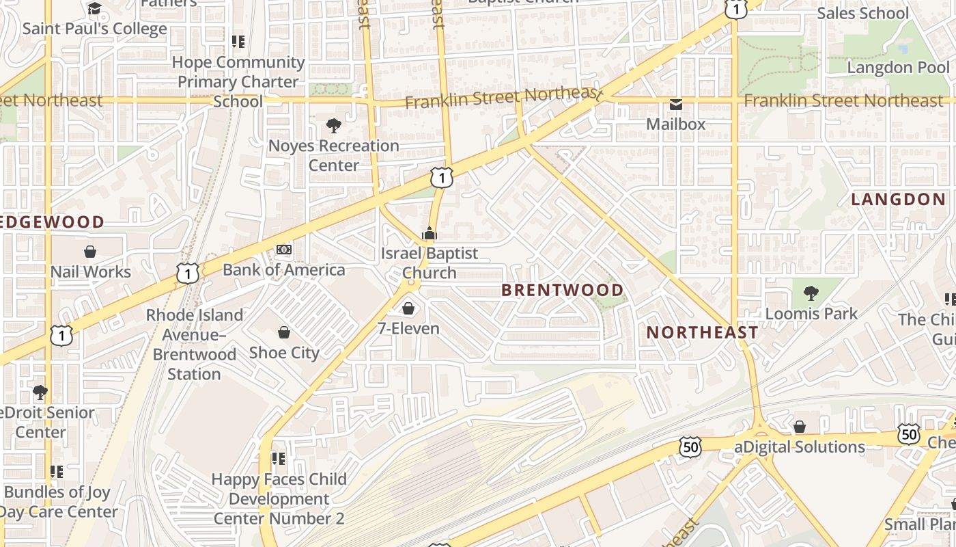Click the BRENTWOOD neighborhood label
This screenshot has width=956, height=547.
(x=563, y=290)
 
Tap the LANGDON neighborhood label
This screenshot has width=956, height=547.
(x=898, y=200)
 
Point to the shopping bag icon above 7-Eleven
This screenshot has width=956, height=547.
(x=408, y=308)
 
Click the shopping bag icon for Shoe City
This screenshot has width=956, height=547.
(x=284, y=333)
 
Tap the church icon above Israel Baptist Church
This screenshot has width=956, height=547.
(x=429, y=234)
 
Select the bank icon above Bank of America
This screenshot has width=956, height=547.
(x=284, y=250)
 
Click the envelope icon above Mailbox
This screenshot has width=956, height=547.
(x=676, y=105)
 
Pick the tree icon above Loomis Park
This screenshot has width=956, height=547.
(x=811, y=294)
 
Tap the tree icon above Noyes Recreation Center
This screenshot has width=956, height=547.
(x=334, y=126)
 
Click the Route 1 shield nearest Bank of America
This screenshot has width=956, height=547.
(x=188, y=273)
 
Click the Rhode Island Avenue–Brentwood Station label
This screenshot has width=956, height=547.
(x=195, y=345)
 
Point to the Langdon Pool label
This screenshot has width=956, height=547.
(x=898, y=68)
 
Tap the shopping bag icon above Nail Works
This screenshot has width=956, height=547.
(x=90, y=252)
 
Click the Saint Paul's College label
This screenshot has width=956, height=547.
(x=94, y=29)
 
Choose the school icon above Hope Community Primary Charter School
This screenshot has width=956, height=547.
(x=238, y=42)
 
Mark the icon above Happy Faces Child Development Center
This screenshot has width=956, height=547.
(x=278, y=459)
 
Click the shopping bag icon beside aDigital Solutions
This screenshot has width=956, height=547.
(x=800, y=427)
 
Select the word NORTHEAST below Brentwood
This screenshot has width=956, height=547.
(x=702, y=333)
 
